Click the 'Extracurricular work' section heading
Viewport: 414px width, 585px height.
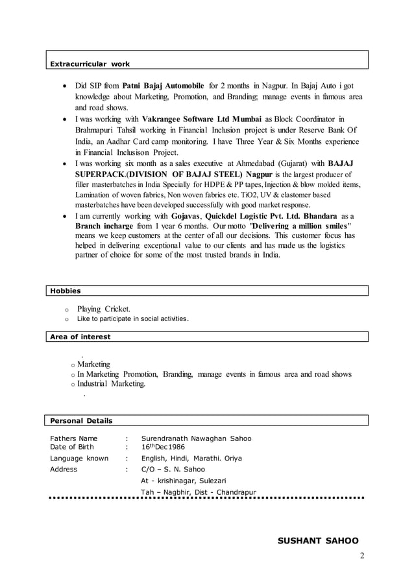90,64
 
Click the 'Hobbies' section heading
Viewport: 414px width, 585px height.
66,291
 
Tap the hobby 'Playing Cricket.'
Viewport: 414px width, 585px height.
104,309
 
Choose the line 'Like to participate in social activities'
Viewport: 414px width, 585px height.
133,319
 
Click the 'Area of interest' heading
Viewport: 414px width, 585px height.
80,337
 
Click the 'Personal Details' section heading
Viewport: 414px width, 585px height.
81,420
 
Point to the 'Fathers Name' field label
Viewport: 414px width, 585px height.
74,438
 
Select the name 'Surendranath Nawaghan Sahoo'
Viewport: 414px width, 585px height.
196,438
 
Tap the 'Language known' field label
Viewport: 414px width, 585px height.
79,458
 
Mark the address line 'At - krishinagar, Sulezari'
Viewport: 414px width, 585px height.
184,481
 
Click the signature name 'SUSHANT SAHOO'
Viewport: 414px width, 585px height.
318,540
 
